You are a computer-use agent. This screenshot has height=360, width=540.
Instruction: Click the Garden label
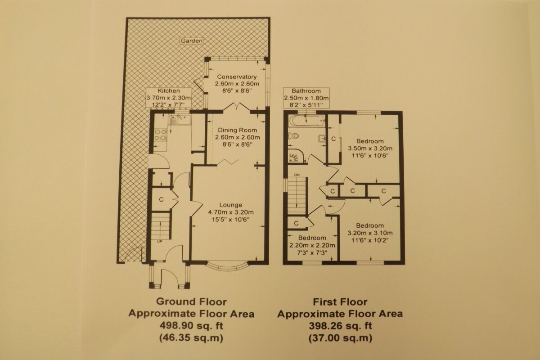[192, 40]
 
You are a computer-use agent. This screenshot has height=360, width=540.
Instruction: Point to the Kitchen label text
[169, 91]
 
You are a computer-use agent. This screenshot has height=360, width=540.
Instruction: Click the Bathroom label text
[306, 90]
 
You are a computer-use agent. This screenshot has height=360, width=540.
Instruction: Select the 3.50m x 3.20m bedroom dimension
[370, 148]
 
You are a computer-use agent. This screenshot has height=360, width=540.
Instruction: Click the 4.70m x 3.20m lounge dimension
[230, 212]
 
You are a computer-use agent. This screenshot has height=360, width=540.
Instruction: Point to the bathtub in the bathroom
[305, 121]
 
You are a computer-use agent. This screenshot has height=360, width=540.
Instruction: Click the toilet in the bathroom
[295, 136]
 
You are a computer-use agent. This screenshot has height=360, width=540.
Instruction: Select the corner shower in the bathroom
[297, 156]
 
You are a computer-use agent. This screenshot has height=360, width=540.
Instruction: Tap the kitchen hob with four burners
[160, 135]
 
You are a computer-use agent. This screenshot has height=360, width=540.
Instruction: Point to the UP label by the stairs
[159, 242]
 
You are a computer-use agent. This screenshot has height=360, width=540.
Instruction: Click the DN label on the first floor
[297, 175]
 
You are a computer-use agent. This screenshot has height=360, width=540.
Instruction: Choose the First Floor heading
[340, 302]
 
